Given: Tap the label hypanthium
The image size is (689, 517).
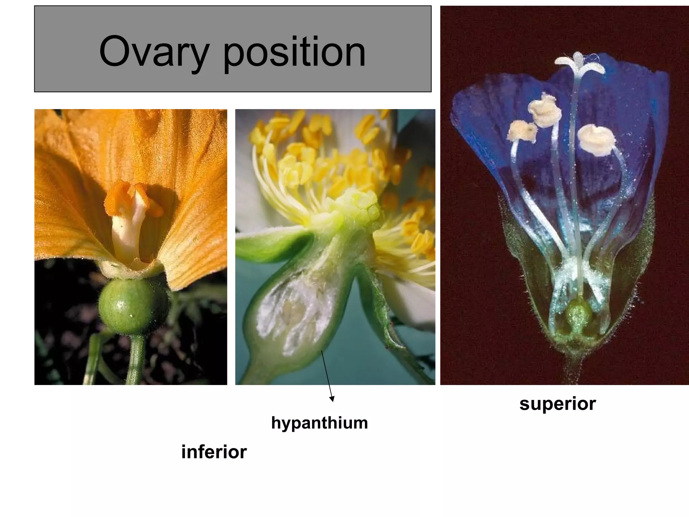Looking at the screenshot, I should [319, 423].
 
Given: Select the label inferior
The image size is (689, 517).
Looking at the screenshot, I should [214, 452].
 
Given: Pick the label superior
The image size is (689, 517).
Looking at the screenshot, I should [557, 404].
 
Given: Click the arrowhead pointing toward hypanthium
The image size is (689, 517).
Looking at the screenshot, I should [332, 399].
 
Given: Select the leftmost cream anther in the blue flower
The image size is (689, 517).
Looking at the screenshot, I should [522, 131].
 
